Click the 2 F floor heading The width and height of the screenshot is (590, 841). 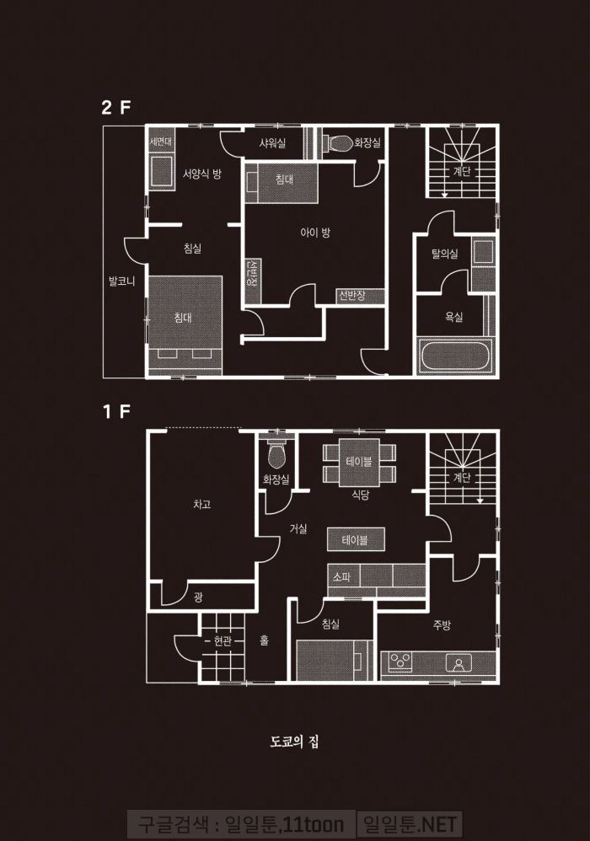coord(115,107)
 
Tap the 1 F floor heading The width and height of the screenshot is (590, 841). coord(115,411)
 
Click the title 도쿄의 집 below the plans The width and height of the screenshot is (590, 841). coord(294,742)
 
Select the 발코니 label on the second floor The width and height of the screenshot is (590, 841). coord(121,281)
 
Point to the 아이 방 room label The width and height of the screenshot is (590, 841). coord(315,233)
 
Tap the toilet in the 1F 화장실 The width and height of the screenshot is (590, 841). coord(276,455)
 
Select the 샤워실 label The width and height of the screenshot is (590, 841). coord(272,143)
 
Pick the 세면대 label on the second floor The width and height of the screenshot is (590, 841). coord(161,142)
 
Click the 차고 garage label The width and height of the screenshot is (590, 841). coord(201,504)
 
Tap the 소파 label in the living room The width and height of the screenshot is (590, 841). coord(341,577)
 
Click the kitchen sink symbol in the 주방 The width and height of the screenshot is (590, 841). coord(459,664)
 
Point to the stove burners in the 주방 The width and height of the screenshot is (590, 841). coord(400,662)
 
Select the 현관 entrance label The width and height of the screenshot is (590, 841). coord(223,641)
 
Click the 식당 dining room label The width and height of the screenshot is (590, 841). coord(361,495)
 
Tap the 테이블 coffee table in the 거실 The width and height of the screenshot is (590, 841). coord(356,539)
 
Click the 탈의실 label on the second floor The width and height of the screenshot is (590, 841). coord(445,254)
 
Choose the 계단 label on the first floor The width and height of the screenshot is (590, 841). coord(461,477)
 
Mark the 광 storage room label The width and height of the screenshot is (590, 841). coord(198,597)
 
